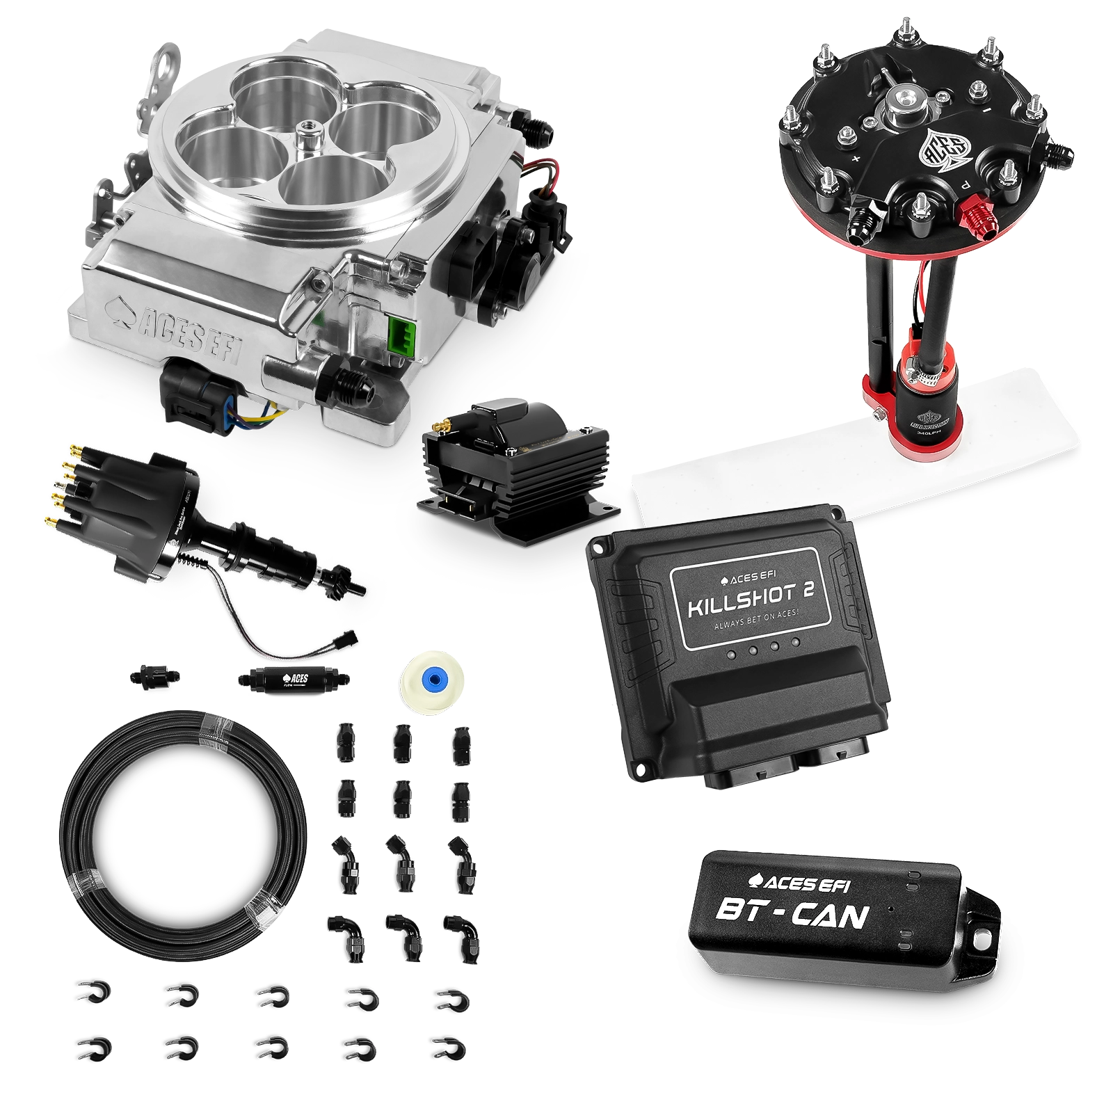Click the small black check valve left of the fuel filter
152,675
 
